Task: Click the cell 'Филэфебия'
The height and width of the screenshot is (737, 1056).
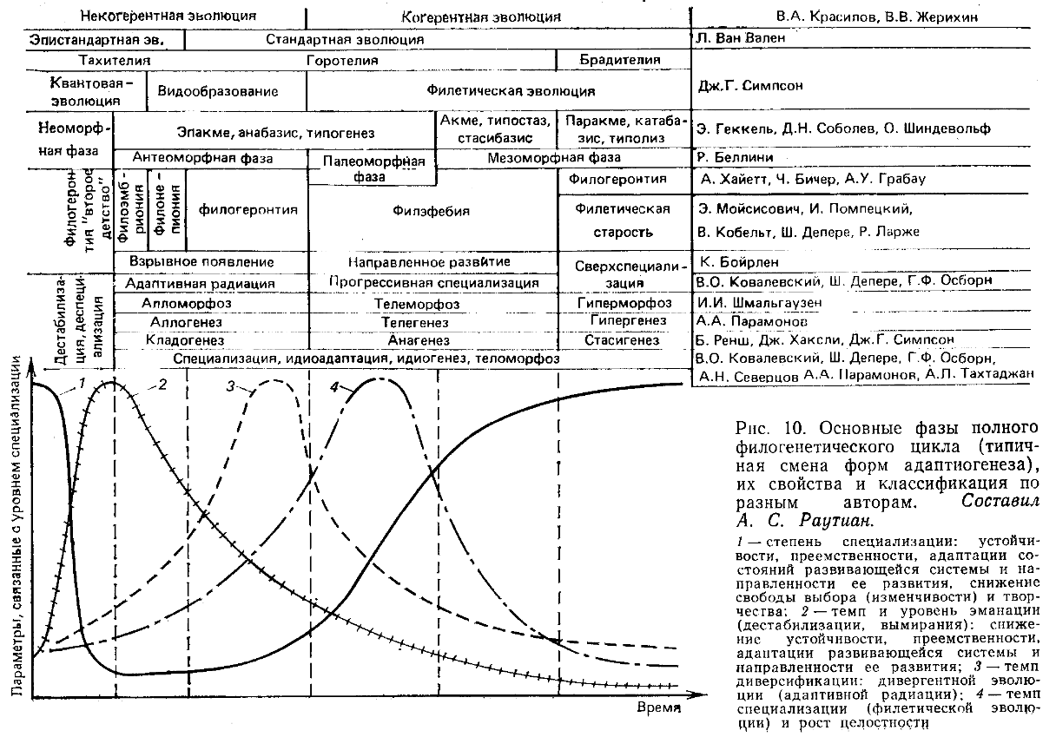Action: pyautogui.click(x=431, y=210)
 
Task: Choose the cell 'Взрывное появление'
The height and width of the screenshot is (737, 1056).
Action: pyautogui.click(x=201, y=261)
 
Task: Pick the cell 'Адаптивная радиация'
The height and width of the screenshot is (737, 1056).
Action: pyautogui.click(x=200, y=283)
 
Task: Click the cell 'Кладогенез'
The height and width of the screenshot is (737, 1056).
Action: pyautogui.click(x=185, y=339)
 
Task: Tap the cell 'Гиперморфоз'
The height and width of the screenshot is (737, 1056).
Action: pyautogui.click(x=624, y=302)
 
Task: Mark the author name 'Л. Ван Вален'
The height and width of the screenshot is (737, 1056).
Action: pyautogui.click(x=738, y=38)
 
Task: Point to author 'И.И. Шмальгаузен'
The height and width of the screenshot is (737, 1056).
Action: pyautogui.click(x=758, y=302)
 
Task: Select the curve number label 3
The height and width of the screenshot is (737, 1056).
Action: pyautogui.click(x=231, y=387)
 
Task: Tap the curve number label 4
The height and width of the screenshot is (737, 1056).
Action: pyautogui.click(x=334, y=387)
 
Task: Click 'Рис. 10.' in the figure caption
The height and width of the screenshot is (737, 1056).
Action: pyautogui.click(x=761, y=428)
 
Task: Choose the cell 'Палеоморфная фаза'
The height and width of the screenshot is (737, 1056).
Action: pyautogui.click(x=373, y=168)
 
